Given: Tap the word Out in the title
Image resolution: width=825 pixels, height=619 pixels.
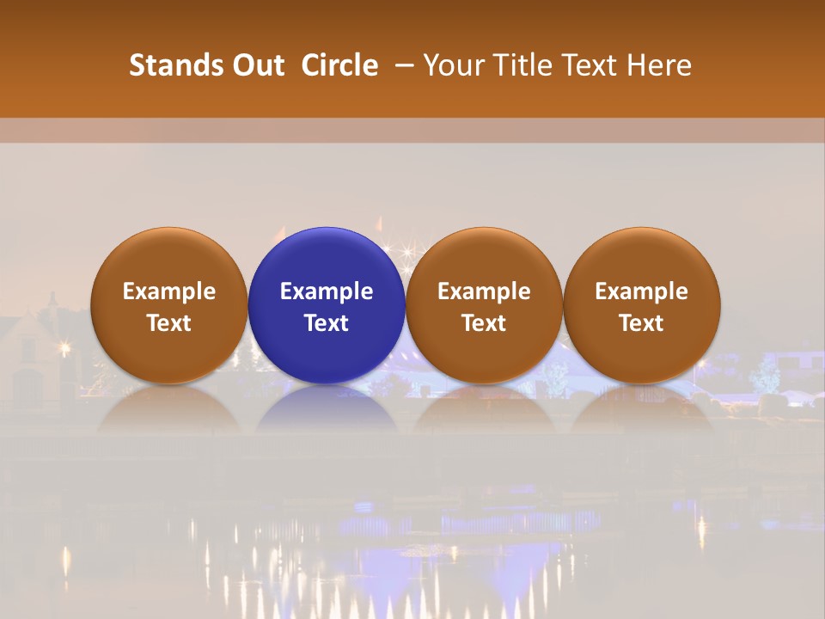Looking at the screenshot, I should pyautogui.click(x=256, y=65).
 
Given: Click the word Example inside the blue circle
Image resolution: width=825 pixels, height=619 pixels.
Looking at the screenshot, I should pyautogui.click(x=327, y=291).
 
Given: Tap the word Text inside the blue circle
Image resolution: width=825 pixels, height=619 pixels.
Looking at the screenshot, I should pyautogui.click(x=327, y=323).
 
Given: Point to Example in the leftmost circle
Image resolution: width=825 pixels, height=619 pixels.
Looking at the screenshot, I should pyautogui.click(x=169, y=291).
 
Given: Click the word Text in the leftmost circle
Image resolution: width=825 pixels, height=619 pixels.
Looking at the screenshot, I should pyautogui.click(x=169, y=323).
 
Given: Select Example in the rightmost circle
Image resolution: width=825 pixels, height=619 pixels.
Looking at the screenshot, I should pyautogui.click(x=641, y=291).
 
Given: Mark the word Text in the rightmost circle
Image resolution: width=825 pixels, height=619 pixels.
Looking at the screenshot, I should pyautogui.click(x=641, y=323).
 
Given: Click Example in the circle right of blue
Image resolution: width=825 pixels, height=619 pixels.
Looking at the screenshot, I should pyautogui.click(x=484, y=291).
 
